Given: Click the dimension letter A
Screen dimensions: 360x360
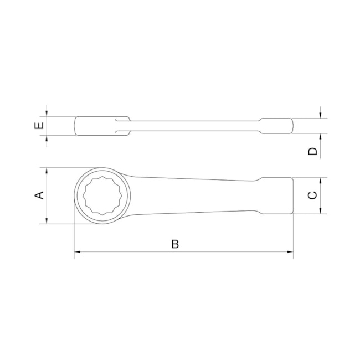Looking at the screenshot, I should pos(39,196).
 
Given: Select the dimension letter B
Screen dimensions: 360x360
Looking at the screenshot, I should pos(175,244).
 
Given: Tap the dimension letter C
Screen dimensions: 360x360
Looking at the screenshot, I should pos(312,196).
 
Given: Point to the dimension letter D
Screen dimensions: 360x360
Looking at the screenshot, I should pos(313,151).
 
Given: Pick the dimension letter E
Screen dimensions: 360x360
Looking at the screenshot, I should pos(39,126).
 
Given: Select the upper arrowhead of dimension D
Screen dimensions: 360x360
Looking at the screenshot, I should pos(321,114).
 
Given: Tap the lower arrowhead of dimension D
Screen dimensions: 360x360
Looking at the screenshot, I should pos(321,137).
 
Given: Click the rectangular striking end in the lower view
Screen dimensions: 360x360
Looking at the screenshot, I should pos(275,196).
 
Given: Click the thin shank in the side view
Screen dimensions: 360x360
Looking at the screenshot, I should pos(194,125).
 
